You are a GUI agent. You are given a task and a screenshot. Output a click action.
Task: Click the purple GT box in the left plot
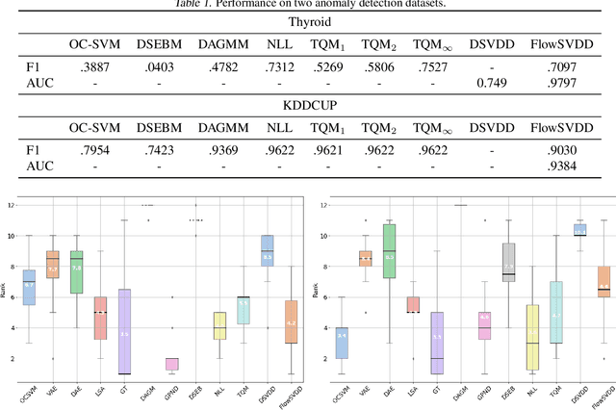click(x=123, y=331)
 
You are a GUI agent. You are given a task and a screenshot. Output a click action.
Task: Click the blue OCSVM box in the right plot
click(x=342, y=343)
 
